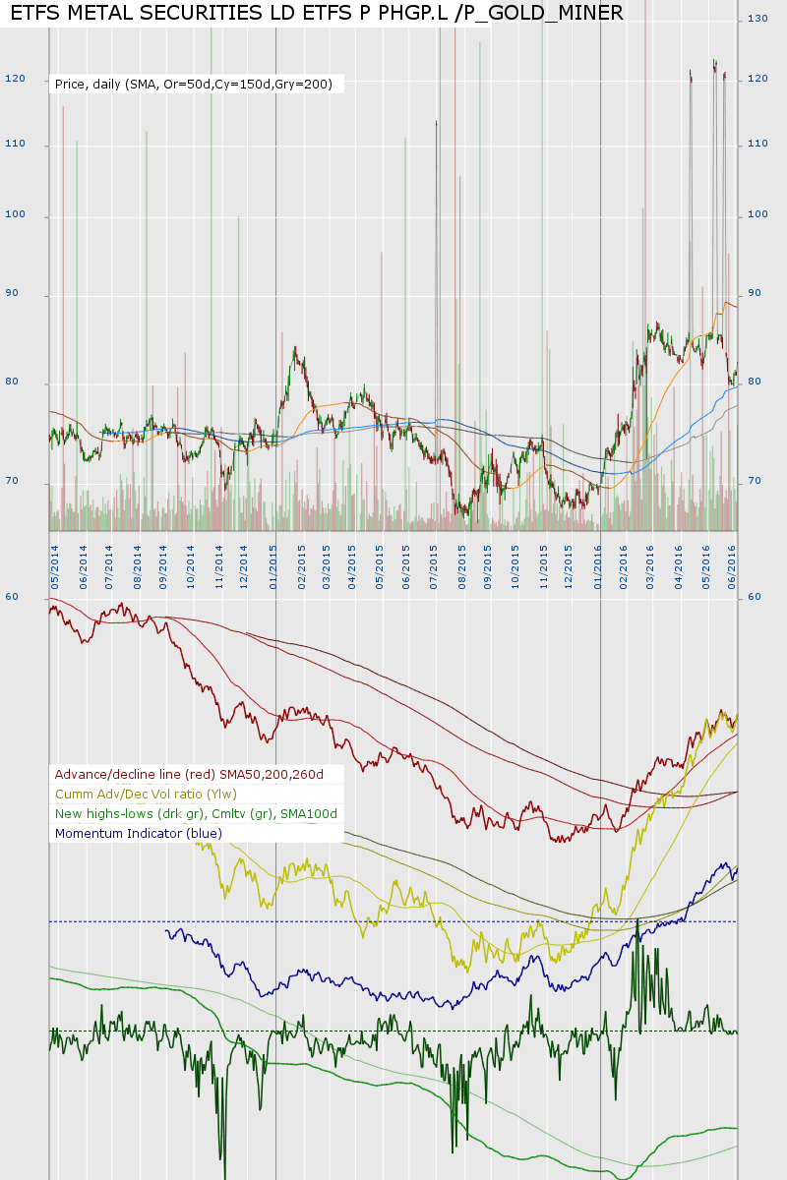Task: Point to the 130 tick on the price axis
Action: (757, 19)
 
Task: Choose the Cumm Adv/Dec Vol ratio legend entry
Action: (146, 795)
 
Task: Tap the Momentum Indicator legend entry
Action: (139, 834)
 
